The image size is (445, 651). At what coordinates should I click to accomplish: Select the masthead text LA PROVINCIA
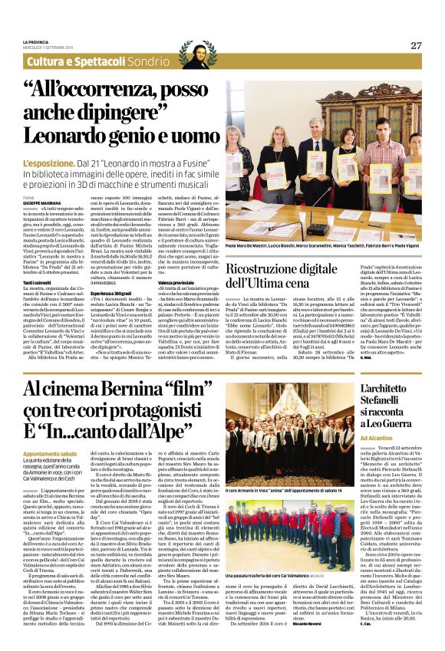pos(36,41)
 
